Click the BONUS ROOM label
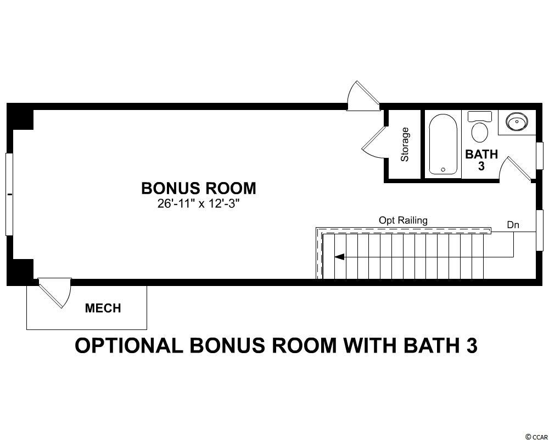(199, 189)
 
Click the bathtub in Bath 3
(443, 144)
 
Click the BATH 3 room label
(481, 160)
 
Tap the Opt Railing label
(403, 221)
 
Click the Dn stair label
(513, 224)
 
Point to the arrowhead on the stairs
(339, 257)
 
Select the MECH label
(103, 308)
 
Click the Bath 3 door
(517, 169)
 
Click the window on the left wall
(9, 194)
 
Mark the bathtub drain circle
(443, 170)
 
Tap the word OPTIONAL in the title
(129, 345)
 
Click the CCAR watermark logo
(536, 436)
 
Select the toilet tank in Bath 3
(480, 116)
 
